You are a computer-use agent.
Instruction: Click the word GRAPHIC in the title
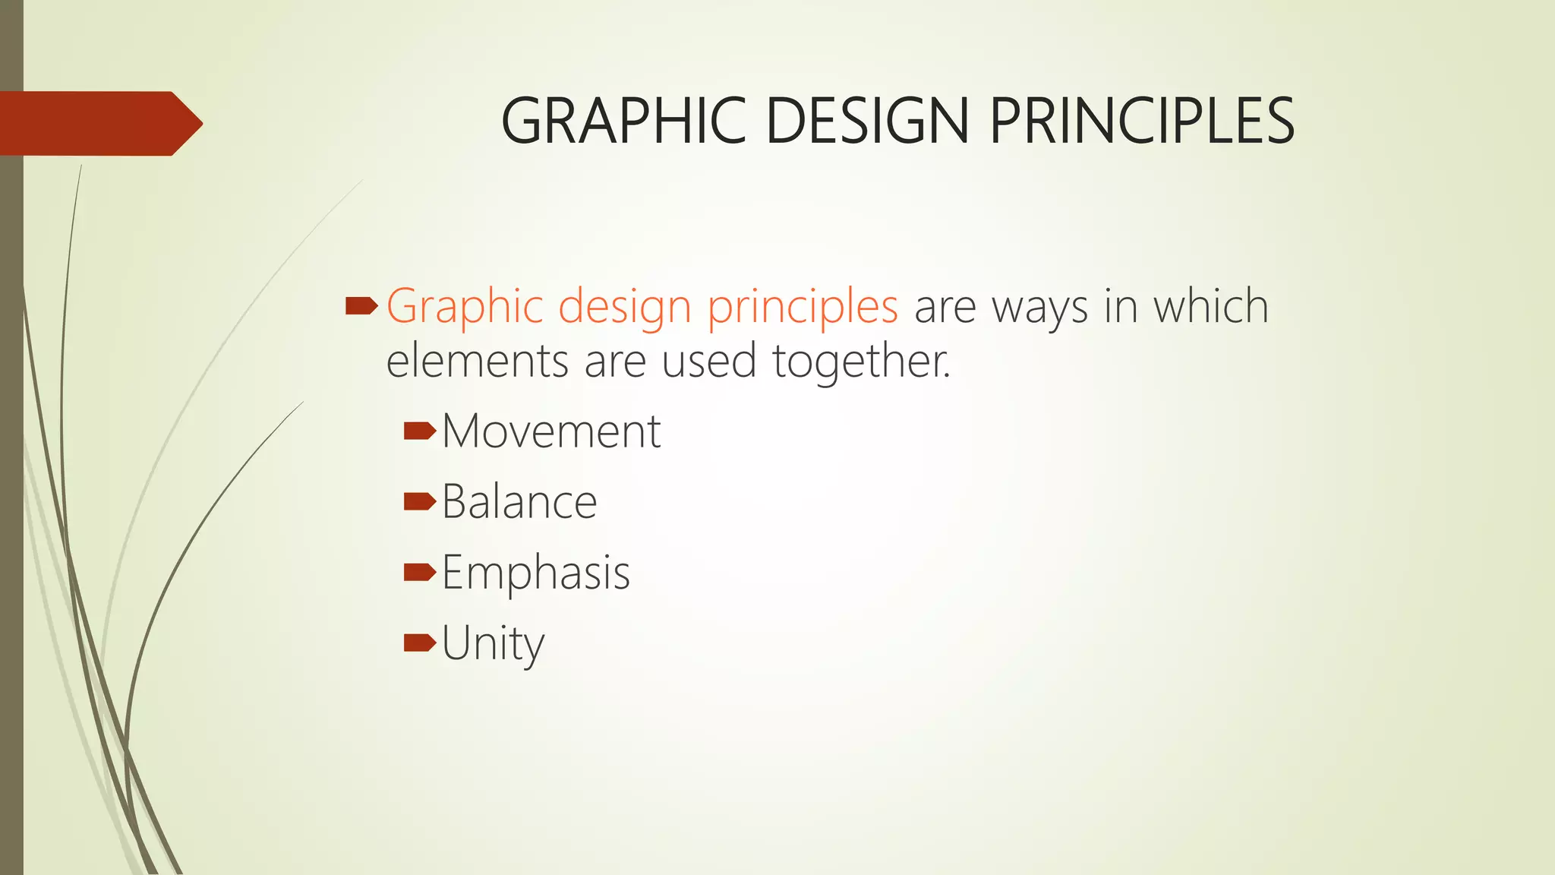coord(623,122)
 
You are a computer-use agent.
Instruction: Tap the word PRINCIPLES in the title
coord(1142,122)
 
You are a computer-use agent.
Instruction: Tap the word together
coord(861,362)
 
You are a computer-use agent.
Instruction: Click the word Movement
coord(551,431)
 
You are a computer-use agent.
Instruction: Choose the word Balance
coord(519,502)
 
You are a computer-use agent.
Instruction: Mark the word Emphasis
coord(536,573)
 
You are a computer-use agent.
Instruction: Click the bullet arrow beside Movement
coord(420,431)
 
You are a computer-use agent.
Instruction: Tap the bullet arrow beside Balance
coord(420,501)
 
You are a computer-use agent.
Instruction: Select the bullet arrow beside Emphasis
coord(420,572)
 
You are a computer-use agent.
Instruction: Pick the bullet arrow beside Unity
coord(420,643)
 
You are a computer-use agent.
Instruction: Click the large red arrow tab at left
coord(99,124)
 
